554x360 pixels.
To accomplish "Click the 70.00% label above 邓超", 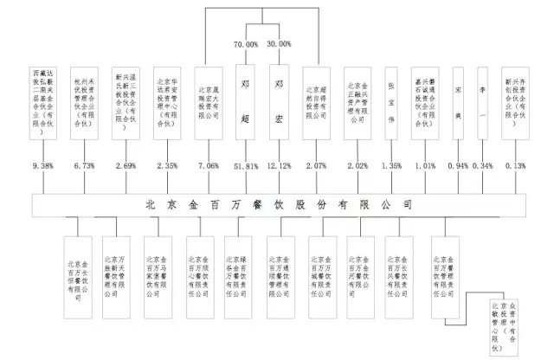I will coord(247,43).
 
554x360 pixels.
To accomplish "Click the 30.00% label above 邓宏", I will coord(280,43).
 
